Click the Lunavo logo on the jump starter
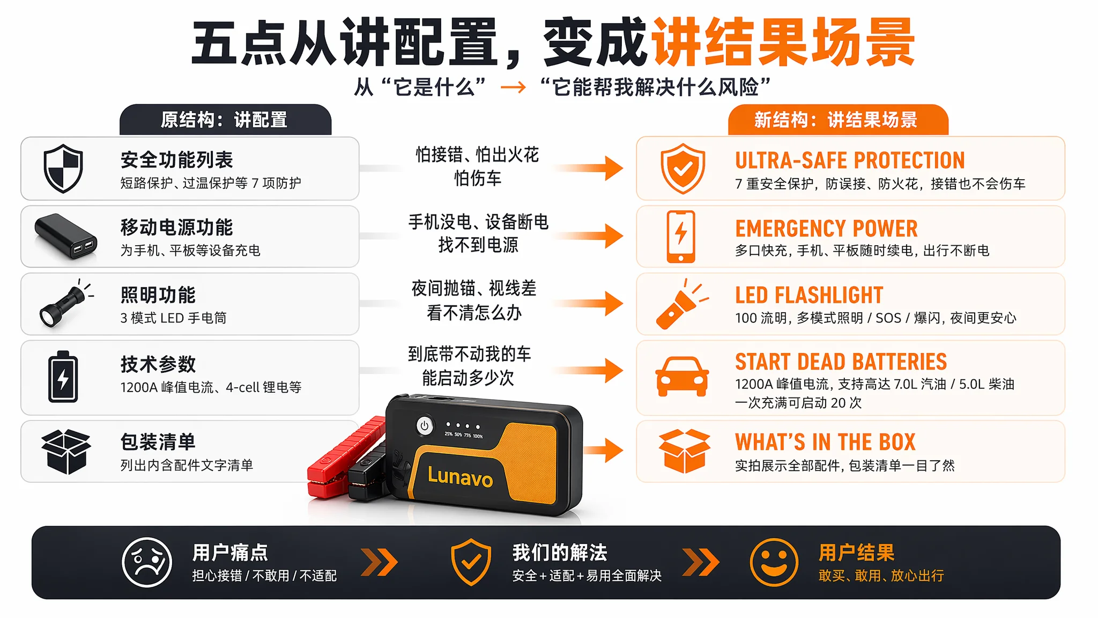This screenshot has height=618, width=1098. (460, 476)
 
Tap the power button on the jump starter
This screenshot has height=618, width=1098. (425, 426)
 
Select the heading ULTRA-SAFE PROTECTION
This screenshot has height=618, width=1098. (850, 160)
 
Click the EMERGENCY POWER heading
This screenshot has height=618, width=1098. (826, 229)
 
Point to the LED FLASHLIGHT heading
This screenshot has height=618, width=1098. (809, 295)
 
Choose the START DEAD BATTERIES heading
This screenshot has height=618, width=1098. (841, 362)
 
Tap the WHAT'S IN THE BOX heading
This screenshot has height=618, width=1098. (825, 442)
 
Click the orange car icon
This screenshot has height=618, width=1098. (682, 376)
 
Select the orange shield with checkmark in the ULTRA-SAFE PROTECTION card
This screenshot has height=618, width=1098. (682, 168)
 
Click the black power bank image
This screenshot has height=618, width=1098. (66, 236)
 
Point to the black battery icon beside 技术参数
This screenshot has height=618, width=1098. (63, 377)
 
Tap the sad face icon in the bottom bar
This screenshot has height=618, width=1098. (147, 562)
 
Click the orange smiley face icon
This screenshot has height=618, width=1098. (774, 562)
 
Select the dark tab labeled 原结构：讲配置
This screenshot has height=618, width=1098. (225, 120)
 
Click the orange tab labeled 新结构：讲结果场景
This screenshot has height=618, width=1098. (838, 120)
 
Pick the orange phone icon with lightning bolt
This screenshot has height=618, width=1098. (681, 237)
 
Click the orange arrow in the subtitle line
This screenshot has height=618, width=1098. (514, 87)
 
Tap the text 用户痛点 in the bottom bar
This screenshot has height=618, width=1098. (230, 552)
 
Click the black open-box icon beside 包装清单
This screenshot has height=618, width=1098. (66, 452)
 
